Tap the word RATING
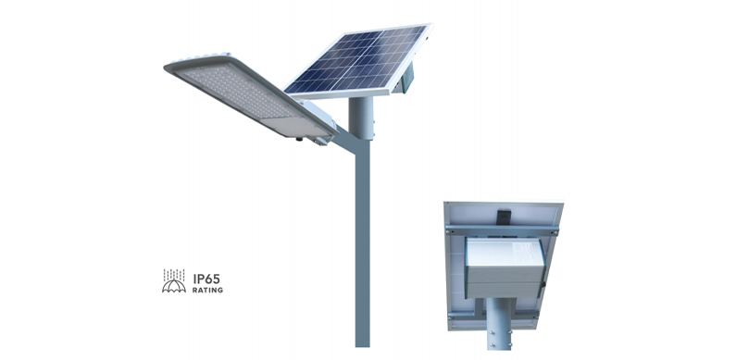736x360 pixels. (207, 290)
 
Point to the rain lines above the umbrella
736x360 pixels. (173, 274)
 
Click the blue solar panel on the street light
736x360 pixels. (356, 60)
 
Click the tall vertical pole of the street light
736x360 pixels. (361, 250)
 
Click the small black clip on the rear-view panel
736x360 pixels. (505, 217)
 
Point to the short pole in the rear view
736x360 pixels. (503, 335)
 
